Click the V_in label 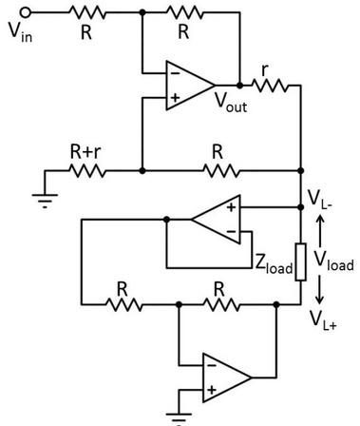pyautogui.click(x=20, y=31)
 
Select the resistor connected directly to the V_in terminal pyautogui.click(x=86, y=12)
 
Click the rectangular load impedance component pyautogui.click(x=300, y=260)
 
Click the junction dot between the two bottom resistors pyautogui.click(x=179, y=305)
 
